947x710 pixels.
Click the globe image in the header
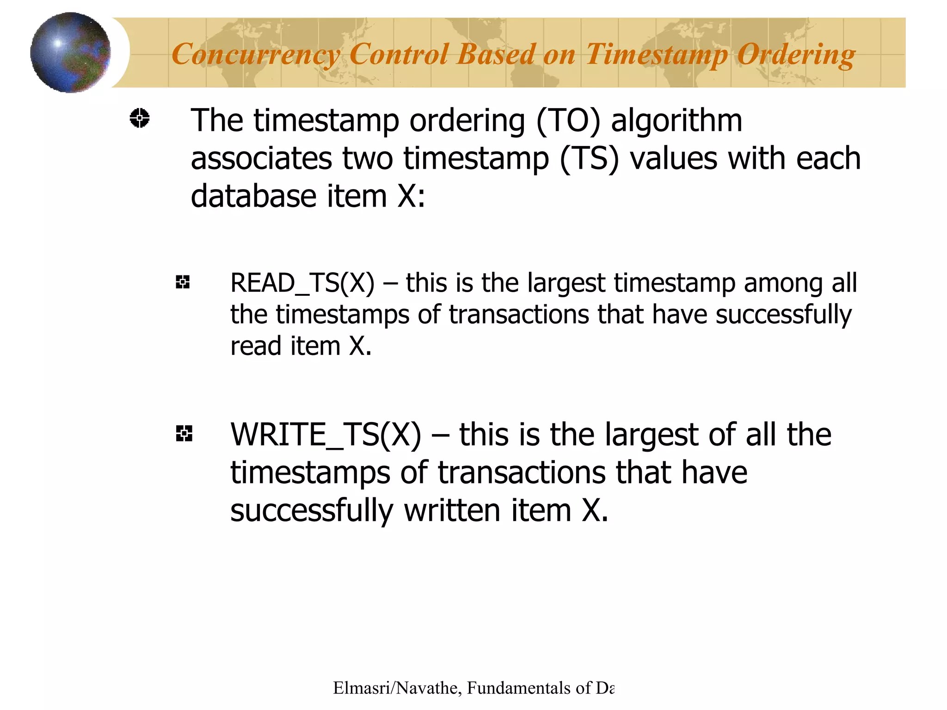pos(70,52)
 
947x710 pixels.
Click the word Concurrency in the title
pos(256,55)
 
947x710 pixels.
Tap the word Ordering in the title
pos(795,55)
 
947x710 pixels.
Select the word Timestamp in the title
pos(657,55)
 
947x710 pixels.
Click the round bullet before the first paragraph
pos(139,118)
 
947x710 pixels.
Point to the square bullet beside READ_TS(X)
pos(183,282)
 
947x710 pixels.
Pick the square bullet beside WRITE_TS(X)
pos(184,434)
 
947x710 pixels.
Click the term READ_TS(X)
pos(302,283)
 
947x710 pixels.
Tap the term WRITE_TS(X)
pos(326,435)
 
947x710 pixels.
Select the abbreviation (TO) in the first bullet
pos(568,121)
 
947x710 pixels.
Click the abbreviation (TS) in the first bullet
pos(589,159)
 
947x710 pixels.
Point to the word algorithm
pos(676,121)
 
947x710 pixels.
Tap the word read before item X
pos(256,346)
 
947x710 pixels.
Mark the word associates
pos(261,159)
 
